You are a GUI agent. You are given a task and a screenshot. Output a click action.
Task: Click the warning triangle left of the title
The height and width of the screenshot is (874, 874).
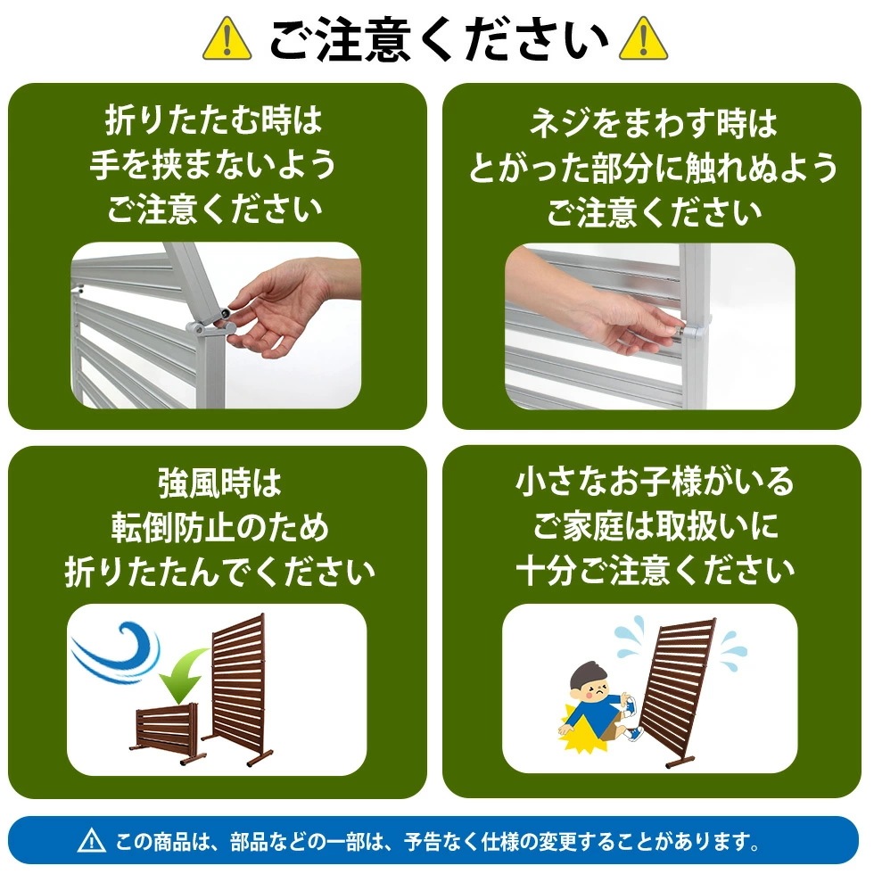click(x=227, y=39)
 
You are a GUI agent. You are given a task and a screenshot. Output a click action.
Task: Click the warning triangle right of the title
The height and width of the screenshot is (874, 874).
click(x=643, y=39)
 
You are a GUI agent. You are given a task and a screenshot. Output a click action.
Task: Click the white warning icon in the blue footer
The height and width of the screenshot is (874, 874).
click(x=92, y=840)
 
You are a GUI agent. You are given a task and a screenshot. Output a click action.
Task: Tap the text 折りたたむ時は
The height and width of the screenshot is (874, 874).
click(x=213, y=118)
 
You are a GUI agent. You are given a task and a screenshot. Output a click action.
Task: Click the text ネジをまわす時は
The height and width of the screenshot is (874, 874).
click(x=654, y=124)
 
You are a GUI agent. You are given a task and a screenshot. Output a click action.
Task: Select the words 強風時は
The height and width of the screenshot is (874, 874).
click(x=219, y=482)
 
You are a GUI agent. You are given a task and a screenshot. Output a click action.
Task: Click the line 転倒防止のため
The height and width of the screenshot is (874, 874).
click(x=219, y=527)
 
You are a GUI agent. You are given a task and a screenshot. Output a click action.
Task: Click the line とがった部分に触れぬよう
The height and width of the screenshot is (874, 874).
click(x=654, y=169)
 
